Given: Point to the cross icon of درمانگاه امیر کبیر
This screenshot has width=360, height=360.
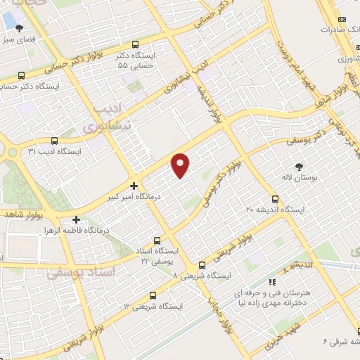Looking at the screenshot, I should pos(134,185).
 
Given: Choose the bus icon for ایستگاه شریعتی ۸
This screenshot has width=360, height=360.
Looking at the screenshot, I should pos(202,265).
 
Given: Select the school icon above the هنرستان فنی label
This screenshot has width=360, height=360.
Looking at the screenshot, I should pos(272,282).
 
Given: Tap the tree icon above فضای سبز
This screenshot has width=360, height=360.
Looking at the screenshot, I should pos(18,29).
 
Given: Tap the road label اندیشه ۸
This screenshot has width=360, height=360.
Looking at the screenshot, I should pos(294,269).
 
